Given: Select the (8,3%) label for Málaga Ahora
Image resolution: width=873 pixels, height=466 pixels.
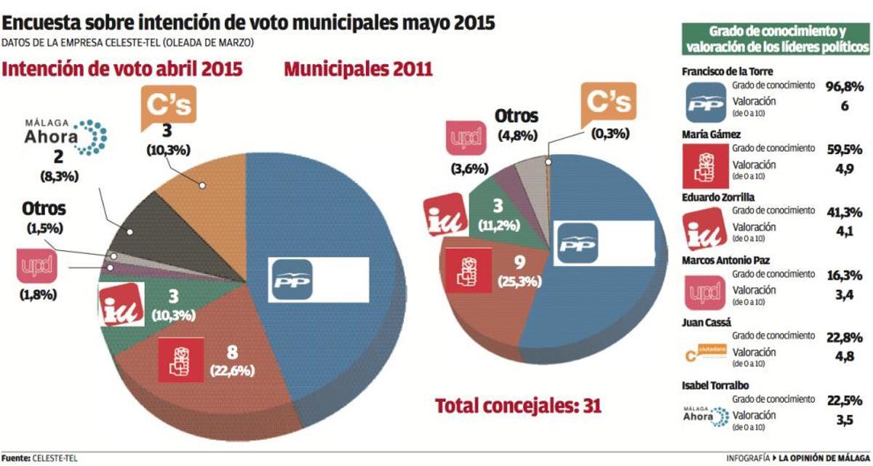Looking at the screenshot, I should coord(55,175).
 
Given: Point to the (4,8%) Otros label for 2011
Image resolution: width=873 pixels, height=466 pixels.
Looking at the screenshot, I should coord(517,134).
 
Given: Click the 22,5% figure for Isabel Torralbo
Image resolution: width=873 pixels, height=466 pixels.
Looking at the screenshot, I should coord(845,400).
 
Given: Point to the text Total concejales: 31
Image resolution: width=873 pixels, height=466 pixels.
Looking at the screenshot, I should coord(518,406).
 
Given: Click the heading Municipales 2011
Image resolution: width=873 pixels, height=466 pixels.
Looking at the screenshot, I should coord(358,70).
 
